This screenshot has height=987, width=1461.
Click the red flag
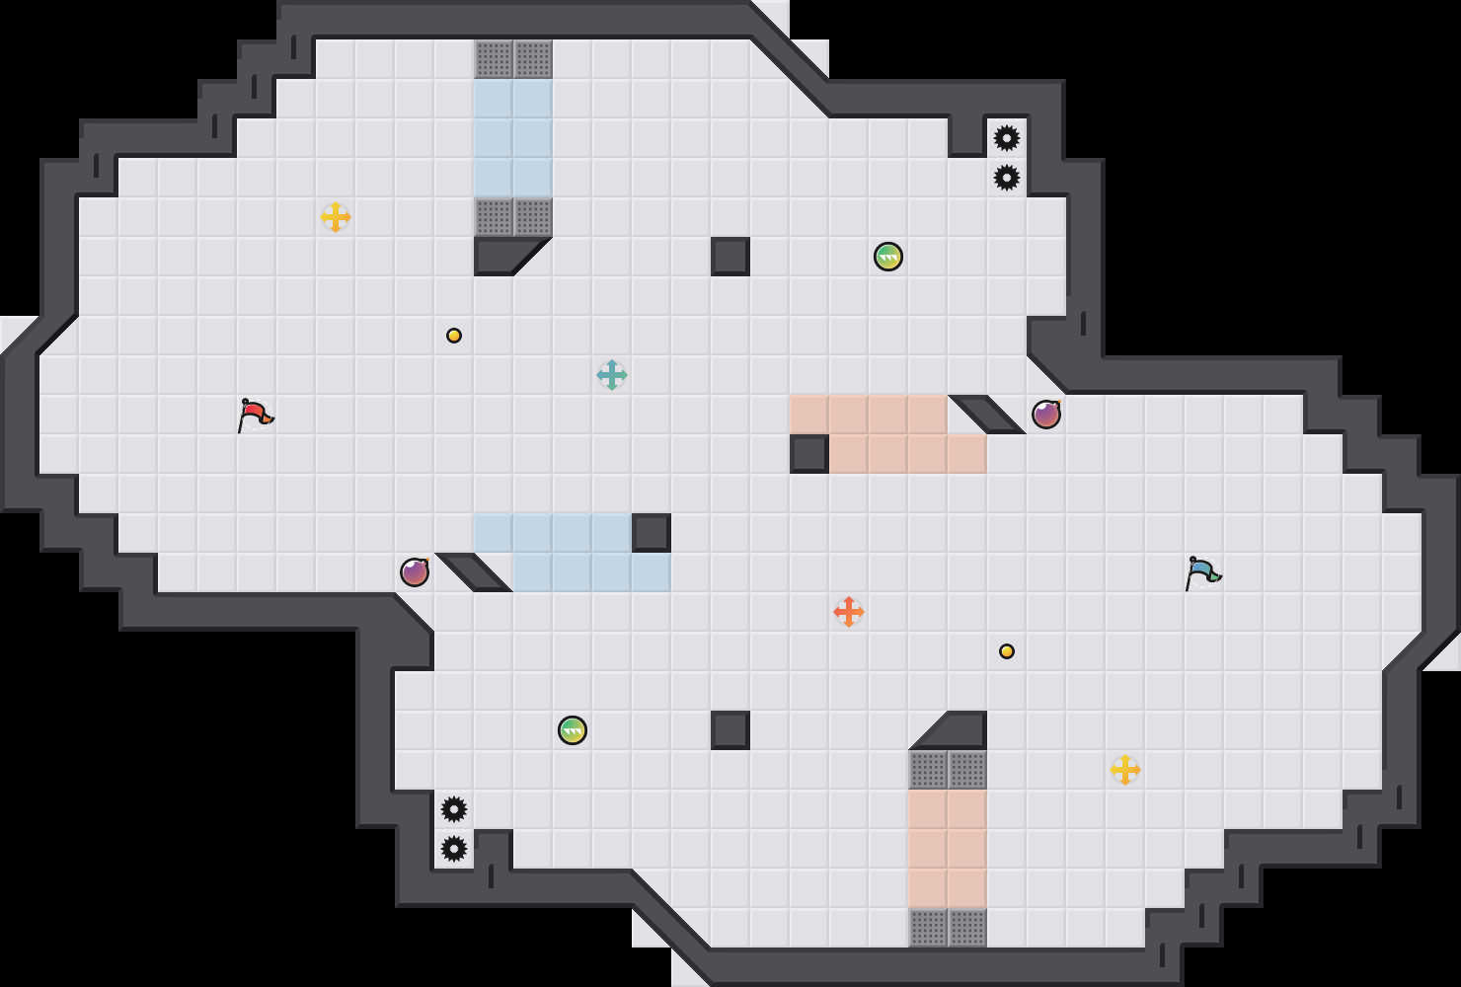[x=255, y=415]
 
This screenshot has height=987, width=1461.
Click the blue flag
[x=1202, y=572]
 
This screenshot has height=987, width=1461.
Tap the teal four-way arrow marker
[x=612, y=375]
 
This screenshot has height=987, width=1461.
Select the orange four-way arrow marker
[x=849, y=612]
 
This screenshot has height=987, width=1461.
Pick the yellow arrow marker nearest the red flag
[x=336, y=217]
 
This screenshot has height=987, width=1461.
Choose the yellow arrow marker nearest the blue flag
[x=1125, y=770]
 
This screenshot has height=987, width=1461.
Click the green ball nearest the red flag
[x=573, y=730]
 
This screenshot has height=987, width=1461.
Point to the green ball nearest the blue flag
[x=888, y=257]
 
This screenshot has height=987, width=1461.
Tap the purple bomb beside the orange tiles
[x=1046, y=415]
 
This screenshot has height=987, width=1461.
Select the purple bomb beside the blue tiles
[x=415, y=572]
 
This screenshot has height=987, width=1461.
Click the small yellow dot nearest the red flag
[x=454, y=336]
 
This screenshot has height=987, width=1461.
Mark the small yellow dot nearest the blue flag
[x=1007, y=651]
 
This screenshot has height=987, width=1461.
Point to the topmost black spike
[x=1007, y=138]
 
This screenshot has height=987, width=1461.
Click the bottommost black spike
[x=454, y=849]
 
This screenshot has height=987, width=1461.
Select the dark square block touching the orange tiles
[x=809, y=454]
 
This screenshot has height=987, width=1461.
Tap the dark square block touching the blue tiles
[x=652, y=533]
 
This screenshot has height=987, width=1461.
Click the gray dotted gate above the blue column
[x=513, y=59]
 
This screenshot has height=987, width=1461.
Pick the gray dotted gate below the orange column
[x=948, y=928]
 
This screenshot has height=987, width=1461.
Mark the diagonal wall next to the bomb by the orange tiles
[x=987, y=415]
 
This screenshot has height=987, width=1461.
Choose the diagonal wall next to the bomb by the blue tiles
[x=474, y=572]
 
